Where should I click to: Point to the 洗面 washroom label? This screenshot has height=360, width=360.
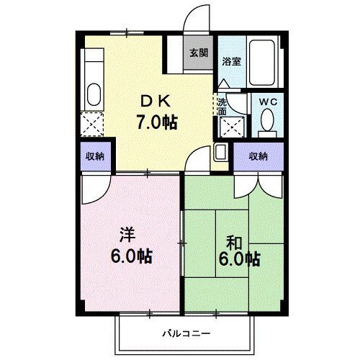[x=222, y=107]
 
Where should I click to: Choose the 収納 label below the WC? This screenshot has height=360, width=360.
[x=258, y=156]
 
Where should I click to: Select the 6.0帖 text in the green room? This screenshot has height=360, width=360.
[x=238, y=260]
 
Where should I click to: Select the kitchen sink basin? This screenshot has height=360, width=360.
[x=94, y=94]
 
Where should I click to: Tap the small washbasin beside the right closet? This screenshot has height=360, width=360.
[x=221, y=153]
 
